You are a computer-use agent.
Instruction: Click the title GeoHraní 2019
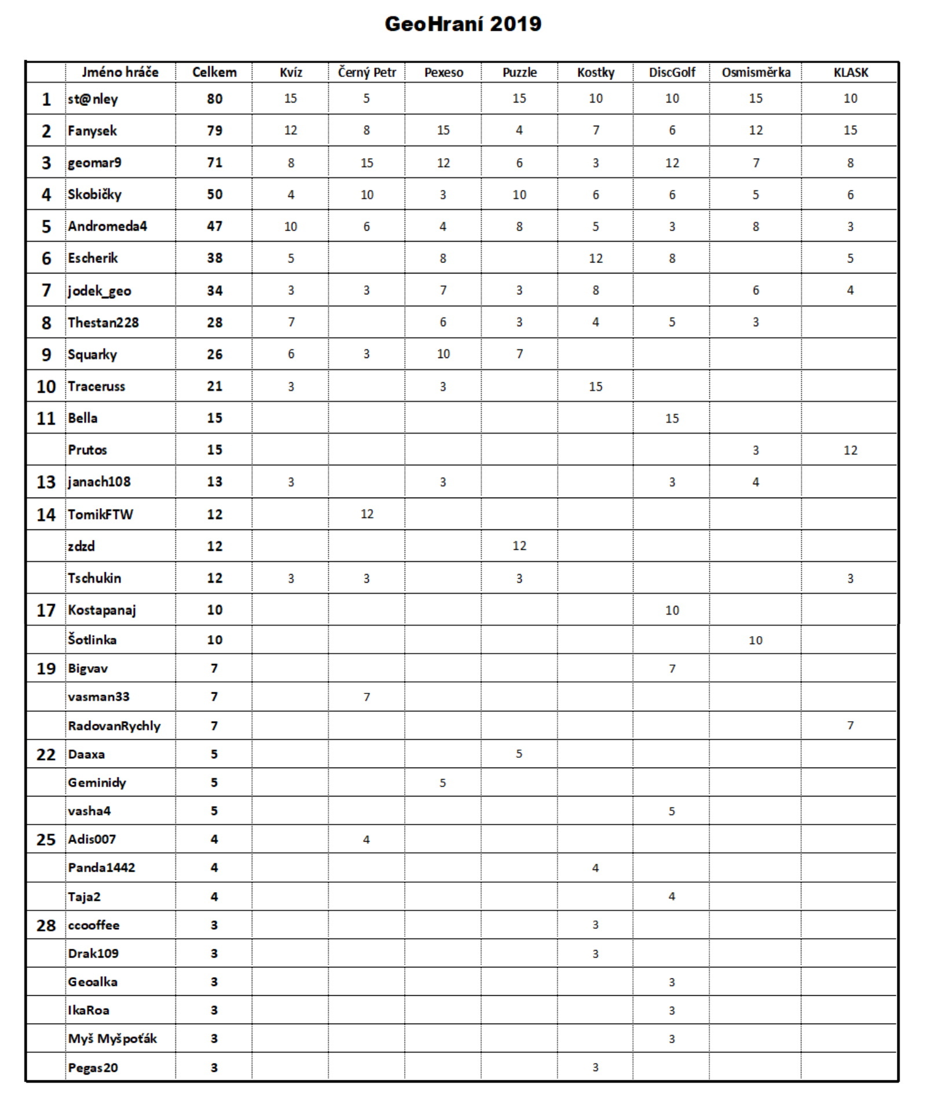click(x=463, y=24)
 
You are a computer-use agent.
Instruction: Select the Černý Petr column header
click(x=367, y=72)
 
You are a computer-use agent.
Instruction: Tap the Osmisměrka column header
click(x=756, y=72)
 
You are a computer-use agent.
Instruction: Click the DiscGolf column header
click(x=672, y=72)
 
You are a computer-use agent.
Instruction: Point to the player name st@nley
click(x=93, y=99)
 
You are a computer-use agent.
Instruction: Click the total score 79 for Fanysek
click(x=214, y=131)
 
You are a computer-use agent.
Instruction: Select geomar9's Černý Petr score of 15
click(x=367, y=163)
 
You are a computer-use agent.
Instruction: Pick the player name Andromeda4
click(x=107, y=226)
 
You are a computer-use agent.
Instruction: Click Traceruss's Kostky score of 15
click(x=595, y=386)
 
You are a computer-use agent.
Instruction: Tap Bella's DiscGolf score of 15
click(x=672, y=418)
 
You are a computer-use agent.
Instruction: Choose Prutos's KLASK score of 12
click(x=850, y=450)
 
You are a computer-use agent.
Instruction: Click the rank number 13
click(x=46, y=482)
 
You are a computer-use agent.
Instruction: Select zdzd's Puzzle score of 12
click(x=519, y=546)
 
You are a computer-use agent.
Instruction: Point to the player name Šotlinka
click(x=92, y=640)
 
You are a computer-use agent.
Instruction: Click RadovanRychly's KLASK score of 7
click(x=850, y=725)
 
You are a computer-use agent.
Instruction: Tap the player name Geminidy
click(x=97, y=783)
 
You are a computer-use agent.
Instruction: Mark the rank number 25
click(x=46, y=839)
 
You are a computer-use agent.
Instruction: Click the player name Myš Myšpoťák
click(x=112, y=1039)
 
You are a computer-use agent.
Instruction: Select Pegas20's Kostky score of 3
click(x=595, y=1067)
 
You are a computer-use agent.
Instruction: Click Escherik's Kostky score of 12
click(x=595, y=258)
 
